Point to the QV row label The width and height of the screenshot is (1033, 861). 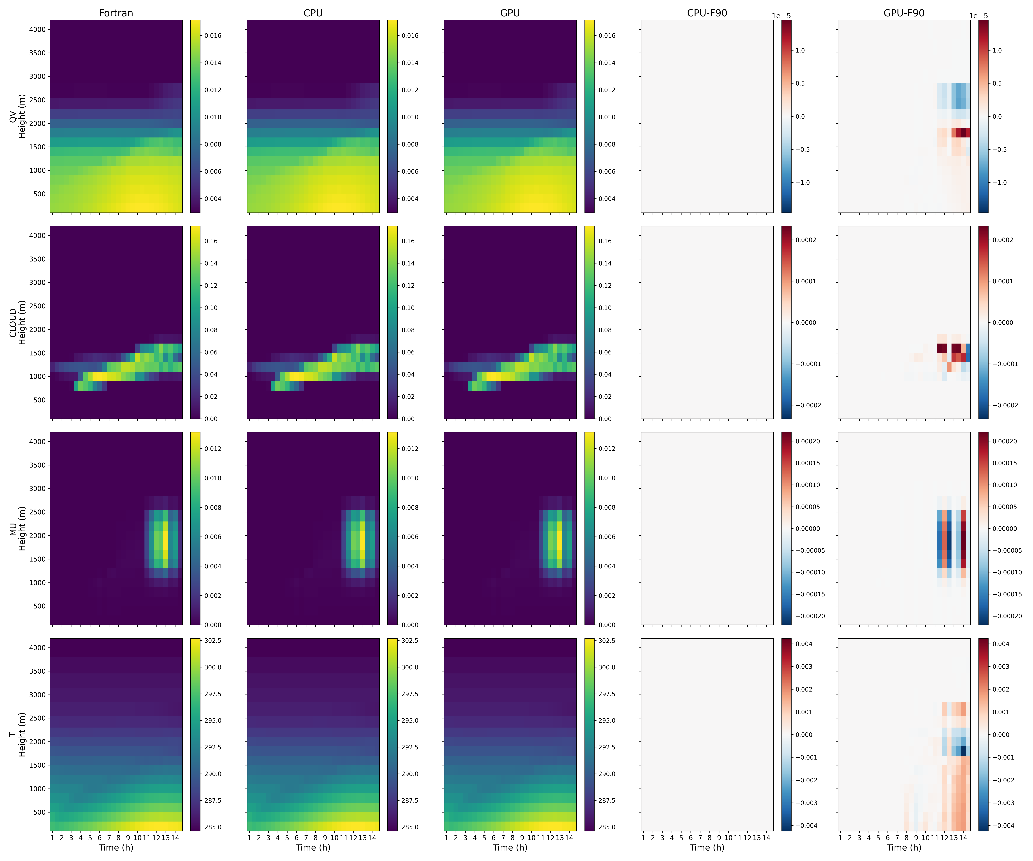pos(13,117)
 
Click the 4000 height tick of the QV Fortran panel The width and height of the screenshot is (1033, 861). pos(37,30)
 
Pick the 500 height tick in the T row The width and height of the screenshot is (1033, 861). pos(39,812)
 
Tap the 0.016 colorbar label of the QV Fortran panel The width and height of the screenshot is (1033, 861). pos(213,35)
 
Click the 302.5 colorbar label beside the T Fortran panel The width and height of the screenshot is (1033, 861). pos(213,641)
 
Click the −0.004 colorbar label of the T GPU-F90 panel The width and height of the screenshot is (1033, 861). pos(1001,826)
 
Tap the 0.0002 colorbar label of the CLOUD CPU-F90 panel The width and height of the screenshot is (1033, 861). pos(806,240)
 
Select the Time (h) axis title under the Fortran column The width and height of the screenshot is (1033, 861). pos(116,847)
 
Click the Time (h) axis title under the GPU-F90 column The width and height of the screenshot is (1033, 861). pos(904,847)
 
